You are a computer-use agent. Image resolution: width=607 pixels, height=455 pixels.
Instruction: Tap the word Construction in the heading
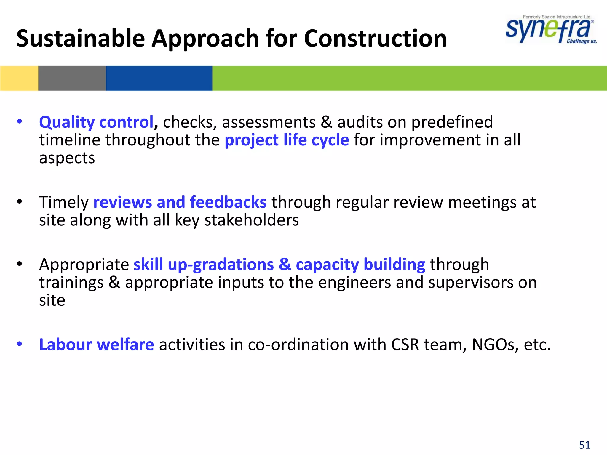click(375, 39)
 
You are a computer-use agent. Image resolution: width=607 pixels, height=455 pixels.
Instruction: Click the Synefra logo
click(548, 30)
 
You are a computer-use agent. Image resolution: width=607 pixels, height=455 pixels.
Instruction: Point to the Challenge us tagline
click(582, 41)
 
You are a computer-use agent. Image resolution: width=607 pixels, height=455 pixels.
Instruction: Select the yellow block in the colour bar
click(19, 78)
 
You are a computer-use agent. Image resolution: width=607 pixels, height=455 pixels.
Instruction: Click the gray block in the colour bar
click(72, 78)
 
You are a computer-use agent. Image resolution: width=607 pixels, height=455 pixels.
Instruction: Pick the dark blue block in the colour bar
click(159, 78)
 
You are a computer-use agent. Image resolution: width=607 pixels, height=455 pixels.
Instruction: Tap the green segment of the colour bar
click(409, 78)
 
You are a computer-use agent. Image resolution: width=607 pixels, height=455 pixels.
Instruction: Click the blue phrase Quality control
click(96, 122)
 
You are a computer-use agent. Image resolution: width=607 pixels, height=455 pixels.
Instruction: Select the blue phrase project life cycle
click(287, 140)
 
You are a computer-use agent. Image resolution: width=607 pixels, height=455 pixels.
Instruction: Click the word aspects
click(67, 158)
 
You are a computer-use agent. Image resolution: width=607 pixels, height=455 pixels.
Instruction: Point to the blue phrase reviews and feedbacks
click(180, 202)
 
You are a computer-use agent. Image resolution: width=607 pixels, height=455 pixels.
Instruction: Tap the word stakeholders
click(252, 220)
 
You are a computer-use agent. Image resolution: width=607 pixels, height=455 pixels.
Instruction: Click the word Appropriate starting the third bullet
click(84, 265)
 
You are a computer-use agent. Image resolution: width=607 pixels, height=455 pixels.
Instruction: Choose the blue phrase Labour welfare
click(96, 345)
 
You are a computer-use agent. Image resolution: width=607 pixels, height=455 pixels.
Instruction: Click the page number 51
click(584, 445)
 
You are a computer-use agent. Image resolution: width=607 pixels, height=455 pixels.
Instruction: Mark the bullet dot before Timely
click(20, 202)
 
